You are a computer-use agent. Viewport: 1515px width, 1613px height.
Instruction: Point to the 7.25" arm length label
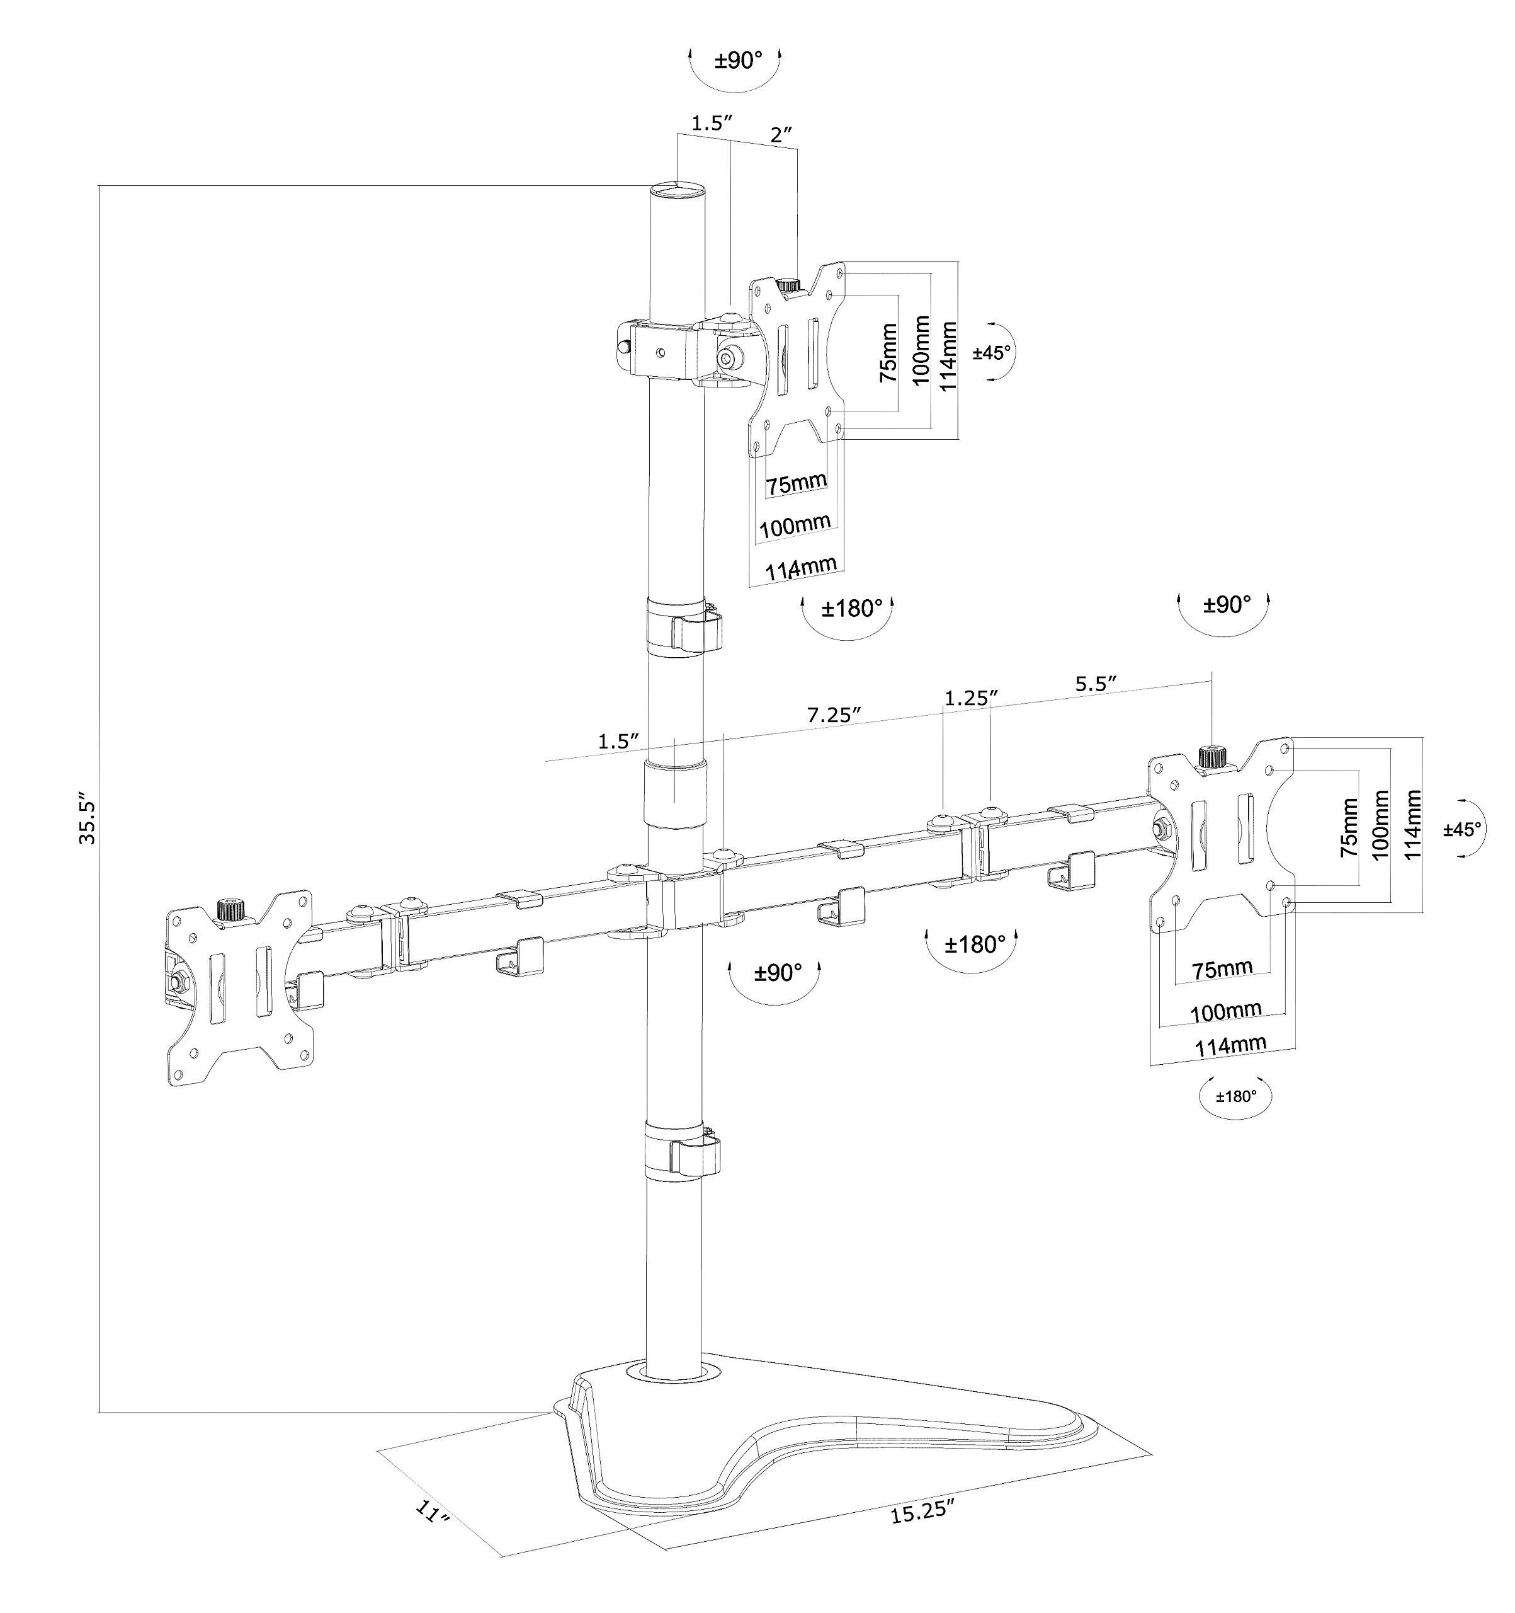click(833, 715)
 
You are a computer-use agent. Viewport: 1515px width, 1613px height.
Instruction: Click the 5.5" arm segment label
click(1096, 684)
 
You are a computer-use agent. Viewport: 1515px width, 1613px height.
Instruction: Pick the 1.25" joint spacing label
click(970, 697)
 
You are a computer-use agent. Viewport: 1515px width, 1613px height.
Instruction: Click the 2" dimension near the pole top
click(780, 135)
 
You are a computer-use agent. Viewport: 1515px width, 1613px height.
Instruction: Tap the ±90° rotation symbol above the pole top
click(737, 61)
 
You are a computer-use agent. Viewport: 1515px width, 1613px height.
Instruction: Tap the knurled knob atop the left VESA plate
click(230, 910)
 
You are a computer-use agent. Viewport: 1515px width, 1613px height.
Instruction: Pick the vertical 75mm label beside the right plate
click(1348, 827)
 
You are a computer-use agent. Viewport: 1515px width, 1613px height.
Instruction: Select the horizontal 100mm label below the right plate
click(1225, 1012)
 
